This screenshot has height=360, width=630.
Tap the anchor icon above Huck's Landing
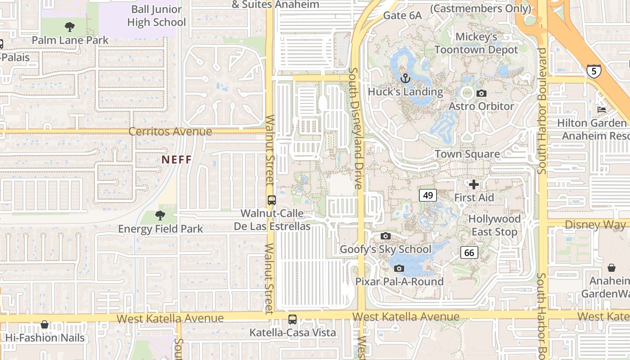(405, 78)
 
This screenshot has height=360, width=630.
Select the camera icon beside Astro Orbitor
(481, 93)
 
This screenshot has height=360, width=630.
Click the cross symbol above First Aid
(473, 184)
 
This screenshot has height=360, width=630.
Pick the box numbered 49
(428, 195)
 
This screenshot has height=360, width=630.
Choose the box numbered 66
(469, 252)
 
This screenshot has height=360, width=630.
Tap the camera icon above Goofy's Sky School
(385, 236)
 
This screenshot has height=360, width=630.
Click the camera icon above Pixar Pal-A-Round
(399, 269)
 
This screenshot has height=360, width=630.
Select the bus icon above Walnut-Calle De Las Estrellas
(272, 200)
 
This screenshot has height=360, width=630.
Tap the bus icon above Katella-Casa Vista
(292, 319)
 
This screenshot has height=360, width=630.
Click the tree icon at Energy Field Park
(160, 216)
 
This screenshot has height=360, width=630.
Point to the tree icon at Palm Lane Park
(69, 27)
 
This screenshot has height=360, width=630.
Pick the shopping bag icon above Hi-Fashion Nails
(45, 324)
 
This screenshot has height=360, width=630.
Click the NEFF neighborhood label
(177, 159)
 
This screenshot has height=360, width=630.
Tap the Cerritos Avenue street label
(170, 131)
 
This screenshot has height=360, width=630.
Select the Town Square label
(467, 154)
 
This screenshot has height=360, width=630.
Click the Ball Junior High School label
(156, 16)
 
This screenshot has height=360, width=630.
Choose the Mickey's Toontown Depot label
(476, 43)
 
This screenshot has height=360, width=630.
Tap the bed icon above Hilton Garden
(601, 109)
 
